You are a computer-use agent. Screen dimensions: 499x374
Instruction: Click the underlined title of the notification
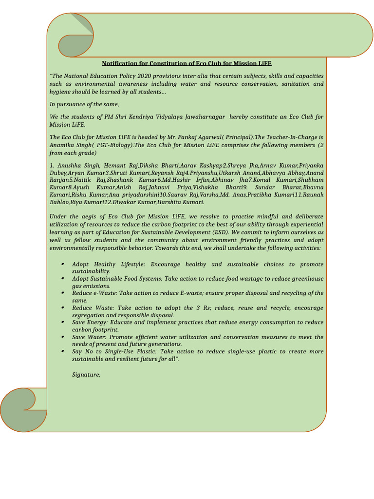(x=187, y=63)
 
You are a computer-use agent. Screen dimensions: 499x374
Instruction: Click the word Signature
(x=86, y=375)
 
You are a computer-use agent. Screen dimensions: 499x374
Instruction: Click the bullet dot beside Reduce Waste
(x=63, y=308)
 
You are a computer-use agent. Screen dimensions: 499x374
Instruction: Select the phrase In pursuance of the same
(x=84, y=104)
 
